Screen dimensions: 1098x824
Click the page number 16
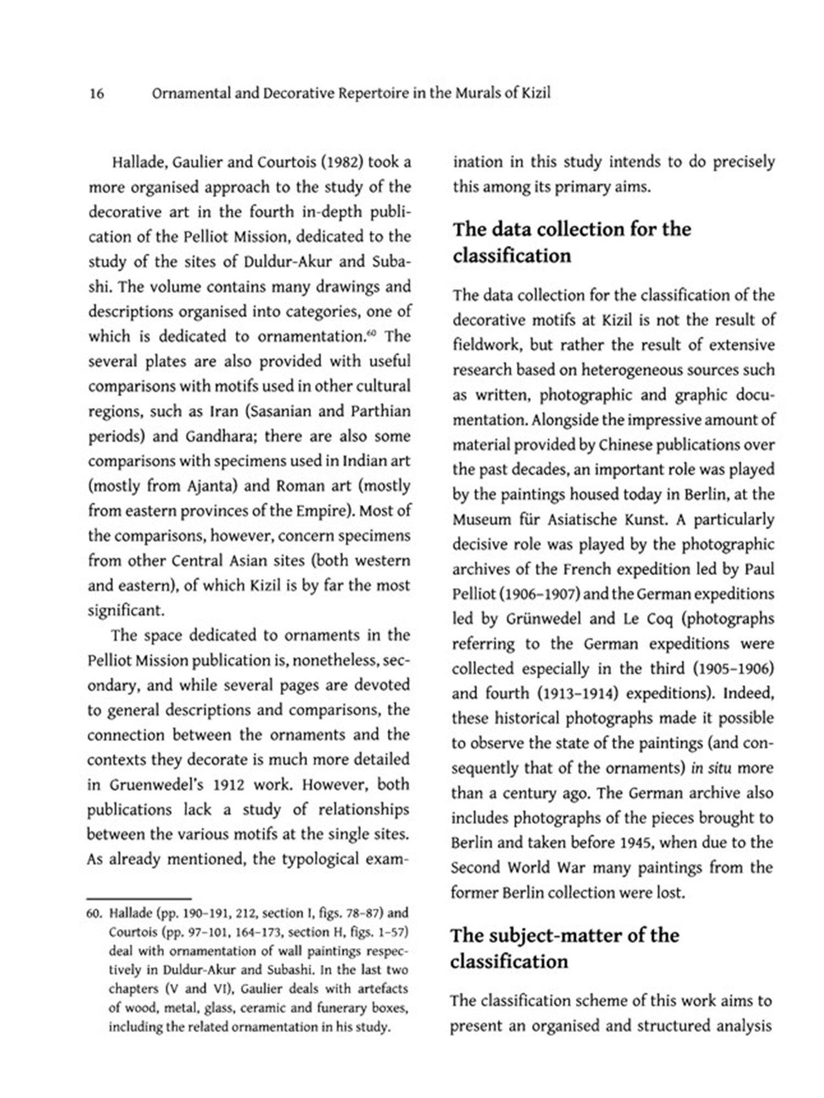coord(96,93)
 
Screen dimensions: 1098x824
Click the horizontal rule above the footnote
coord(139,899)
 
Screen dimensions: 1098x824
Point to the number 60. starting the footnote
coord(94,914)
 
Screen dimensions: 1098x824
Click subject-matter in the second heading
coord(568,935)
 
